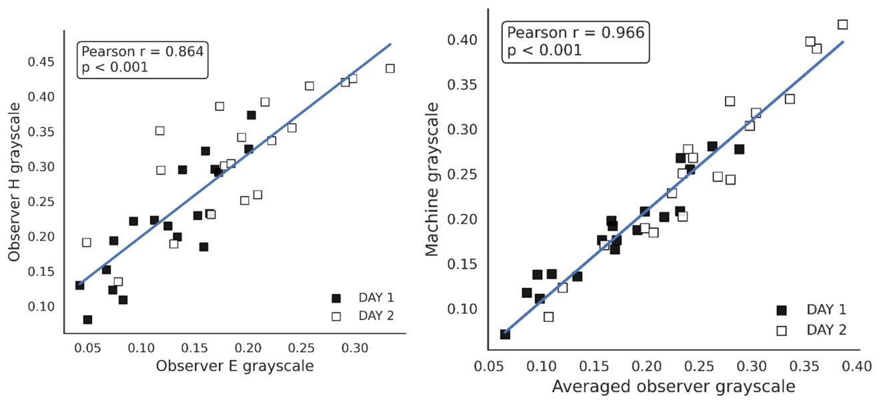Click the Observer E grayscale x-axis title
click(x=234, y=366)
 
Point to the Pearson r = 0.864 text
click(x=143, y=51)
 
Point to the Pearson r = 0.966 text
click(x=576, y=33)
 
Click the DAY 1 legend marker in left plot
click(x=337, y=298)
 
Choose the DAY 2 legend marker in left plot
click(x=337, y=316)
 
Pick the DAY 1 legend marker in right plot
click(x=782, y=310)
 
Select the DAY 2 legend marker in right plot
click(x=782, y=330)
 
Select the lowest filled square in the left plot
click(x=87, y=320)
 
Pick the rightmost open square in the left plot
click(x=390, y=69)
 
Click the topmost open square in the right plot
click(x=842, y=25)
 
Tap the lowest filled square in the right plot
click(x=505, y=334)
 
